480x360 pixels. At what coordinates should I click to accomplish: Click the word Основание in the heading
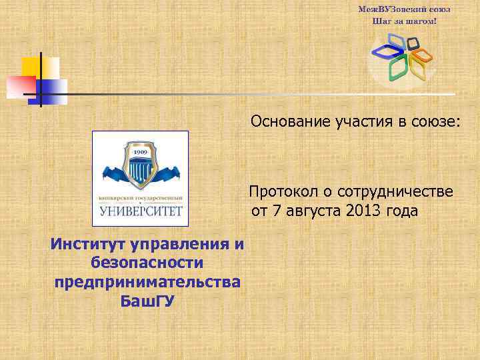[287, 122]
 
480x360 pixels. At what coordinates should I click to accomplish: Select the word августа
[316, 211]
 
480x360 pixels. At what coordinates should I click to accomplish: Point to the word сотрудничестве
[396, 192]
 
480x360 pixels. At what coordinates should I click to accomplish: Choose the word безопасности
[147, 263]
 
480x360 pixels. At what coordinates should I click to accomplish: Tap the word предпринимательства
[147, 281]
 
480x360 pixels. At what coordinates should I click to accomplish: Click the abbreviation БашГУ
[147, 301]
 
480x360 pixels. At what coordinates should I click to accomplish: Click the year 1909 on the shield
[139, 153]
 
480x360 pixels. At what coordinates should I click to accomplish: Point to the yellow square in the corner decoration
[31, 67]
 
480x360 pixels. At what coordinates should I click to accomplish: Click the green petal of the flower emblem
[398, 67]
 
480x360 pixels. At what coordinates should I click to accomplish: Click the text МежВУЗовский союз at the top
[405, 10]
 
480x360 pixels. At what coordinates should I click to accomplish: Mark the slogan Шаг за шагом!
[405, 21]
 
